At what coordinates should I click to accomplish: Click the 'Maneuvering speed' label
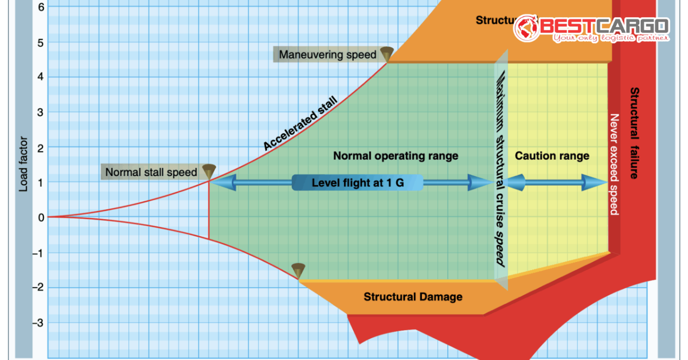[327, 55]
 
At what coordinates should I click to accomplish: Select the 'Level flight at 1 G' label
[357, 183]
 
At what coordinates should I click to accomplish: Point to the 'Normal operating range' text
[396, 155]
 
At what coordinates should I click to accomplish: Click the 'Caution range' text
[552, 155]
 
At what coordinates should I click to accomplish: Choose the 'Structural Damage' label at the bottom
[413, 297]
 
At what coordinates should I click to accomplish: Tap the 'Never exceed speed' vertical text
[613, 165]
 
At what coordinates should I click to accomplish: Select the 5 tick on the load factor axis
[40, 42]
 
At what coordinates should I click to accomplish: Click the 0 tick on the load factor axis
[40, 217]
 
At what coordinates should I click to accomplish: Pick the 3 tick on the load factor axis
[40, 112]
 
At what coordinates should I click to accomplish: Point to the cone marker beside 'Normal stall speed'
[209, 171]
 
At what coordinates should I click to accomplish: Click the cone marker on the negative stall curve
[298, 270]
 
